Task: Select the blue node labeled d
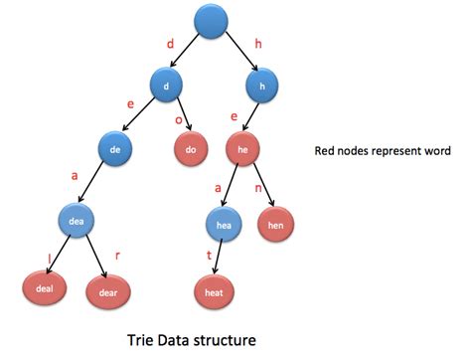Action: pos(167,86)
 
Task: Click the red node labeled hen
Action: pos(275,225)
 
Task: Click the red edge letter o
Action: pos(178,118)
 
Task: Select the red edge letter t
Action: pos(209,254)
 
